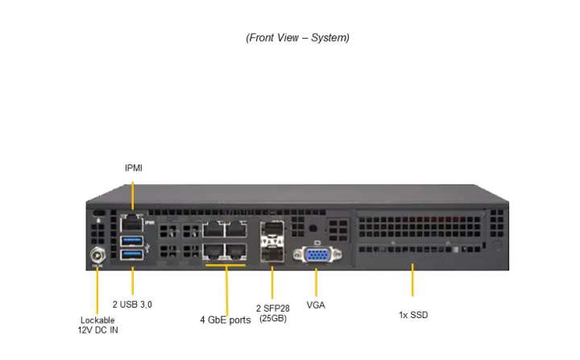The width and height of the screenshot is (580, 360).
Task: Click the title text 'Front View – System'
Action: [x=297, y=38]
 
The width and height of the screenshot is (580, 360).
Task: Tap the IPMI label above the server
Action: [x=134, y=168]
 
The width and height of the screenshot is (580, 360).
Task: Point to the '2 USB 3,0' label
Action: [x=132, y=304]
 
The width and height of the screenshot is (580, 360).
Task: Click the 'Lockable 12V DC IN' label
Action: [x=97, y=325]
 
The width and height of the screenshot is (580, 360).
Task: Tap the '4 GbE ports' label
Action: [x=226, y=320]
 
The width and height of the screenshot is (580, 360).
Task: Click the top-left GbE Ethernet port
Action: [x=213, y=230]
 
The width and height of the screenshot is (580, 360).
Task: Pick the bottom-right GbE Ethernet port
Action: [x=235, y=250]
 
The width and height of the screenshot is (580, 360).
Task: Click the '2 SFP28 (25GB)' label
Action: [x=272, y=313]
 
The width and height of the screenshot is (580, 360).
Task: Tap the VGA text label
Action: [x=316, y=305]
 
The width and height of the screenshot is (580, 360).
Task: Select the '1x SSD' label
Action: [x=412, y=315]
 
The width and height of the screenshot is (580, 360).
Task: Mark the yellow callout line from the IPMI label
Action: [x=133, y=195]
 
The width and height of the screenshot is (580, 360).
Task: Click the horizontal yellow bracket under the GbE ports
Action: [x=226, y=263]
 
